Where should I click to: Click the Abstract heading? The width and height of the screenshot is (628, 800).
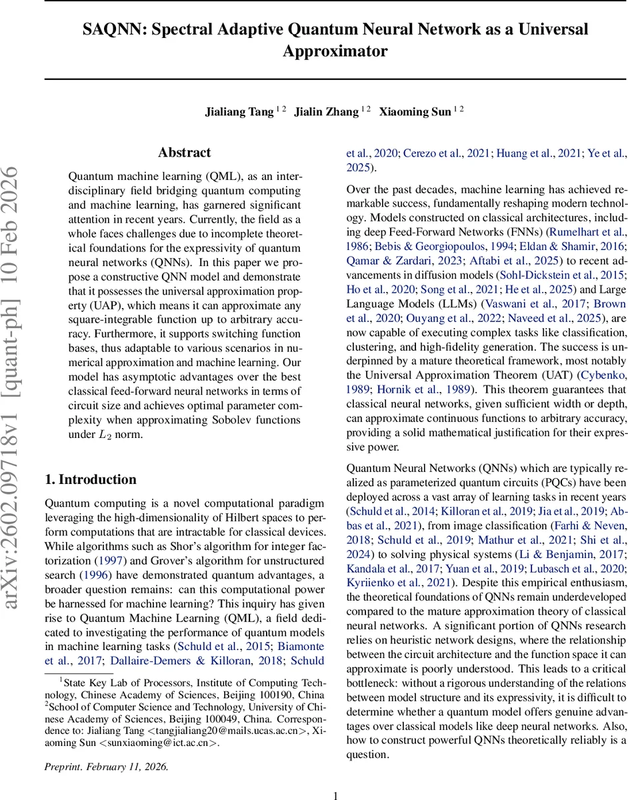(185, 153)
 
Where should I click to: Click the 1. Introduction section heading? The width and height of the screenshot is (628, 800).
(90, 479)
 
